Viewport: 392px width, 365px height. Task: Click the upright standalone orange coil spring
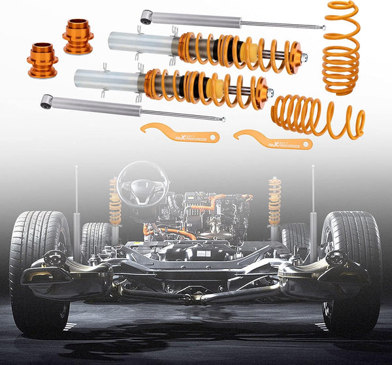341,47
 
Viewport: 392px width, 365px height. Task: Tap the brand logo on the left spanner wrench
193,137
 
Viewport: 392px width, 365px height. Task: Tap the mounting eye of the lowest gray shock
46,101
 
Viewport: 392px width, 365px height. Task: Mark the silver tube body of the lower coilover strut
108,80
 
